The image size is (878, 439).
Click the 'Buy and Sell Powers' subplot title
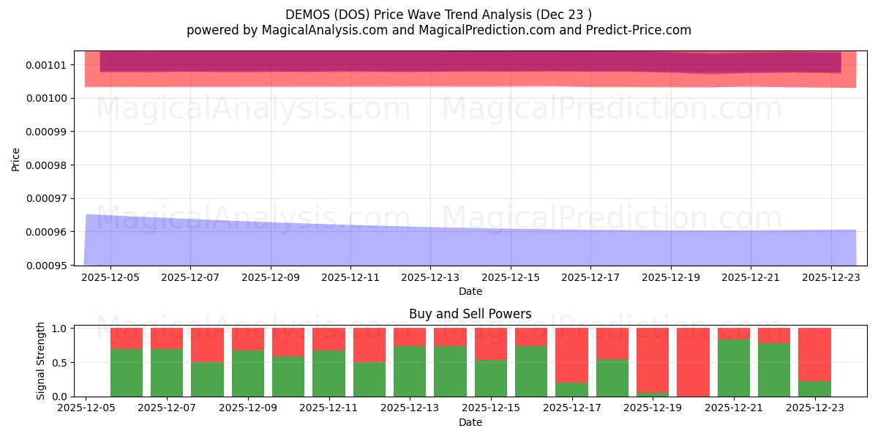tap(470, 314)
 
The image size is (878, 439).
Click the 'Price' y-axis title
tap(16, 158)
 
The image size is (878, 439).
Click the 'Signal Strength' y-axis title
tap(41, 361)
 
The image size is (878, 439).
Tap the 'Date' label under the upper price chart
tap(470, 291)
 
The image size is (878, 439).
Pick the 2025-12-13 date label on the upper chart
tap(430, 277)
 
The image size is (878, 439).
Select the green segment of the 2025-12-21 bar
tap(734, 368)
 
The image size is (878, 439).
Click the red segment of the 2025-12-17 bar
tap(571, 355)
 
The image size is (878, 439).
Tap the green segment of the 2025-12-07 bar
tap(167, 372)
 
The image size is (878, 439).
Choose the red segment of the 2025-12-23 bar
tap(814, 354)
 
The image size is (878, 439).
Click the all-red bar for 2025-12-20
tap(693, 362)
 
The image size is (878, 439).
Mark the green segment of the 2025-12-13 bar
tap(410, 371)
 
